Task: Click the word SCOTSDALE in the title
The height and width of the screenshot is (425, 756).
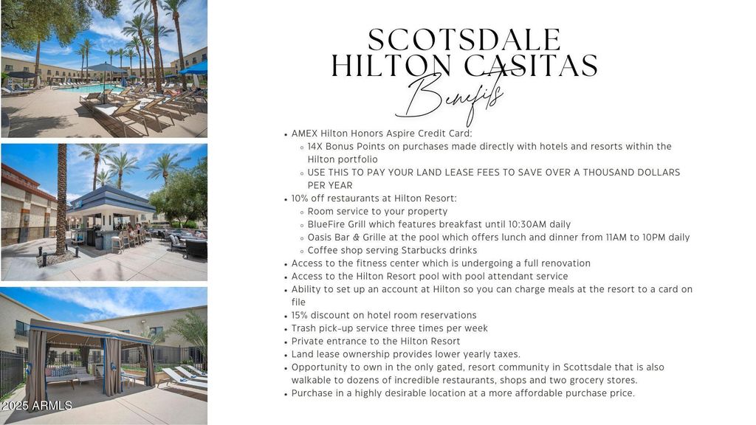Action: click(464, 40)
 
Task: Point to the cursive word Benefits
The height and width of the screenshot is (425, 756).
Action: click(451, 99)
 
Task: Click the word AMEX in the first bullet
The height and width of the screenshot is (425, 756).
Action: click(304, 134)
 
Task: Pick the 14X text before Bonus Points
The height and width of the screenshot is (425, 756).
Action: click(315, 147)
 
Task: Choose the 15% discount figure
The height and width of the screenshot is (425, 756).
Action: click(300, 316)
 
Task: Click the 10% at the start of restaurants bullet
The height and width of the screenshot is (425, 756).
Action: click(300, 198)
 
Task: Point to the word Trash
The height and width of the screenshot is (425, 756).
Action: click(303, 328)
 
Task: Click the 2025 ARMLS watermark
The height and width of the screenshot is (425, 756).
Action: click(37, 406)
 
